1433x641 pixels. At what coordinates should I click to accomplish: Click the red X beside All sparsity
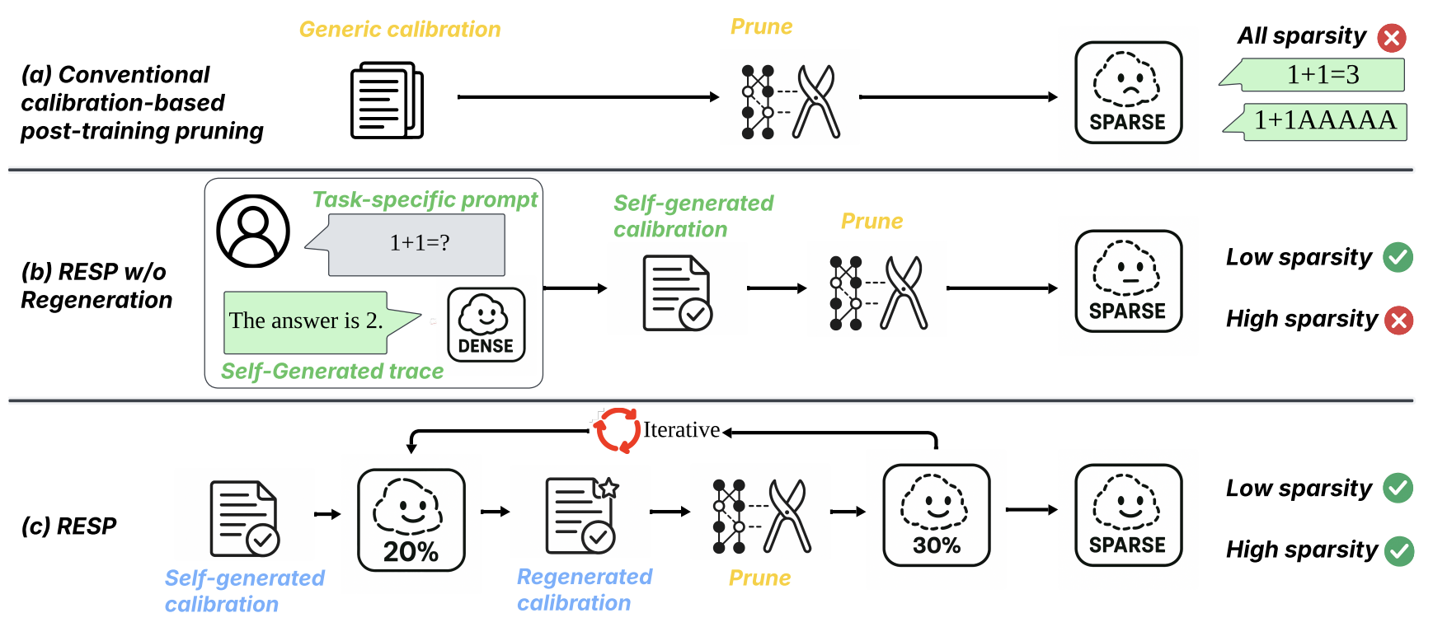click(1392, 38)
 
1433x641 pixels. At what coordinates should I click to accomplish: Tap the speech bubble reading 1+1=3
click(1321, 75)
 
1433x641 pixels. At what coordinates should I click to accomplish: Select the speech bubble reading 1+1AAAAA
click(1323, 121)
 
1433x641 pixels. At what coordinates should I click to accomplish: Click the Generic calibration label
click(400, 30)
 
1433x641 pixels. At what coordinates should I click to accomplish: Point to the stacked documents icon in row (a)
click(387, 100)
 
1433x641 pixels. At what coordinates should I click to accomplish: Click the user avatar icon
click(253, 231)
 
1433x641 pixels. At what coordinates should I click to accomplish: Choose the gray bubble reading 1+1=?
click(417, 244)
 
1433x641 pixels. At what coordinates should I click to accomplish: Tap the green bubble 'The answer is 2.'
click(307, 321)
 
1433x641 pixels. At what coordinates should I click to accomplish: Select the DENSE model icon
click(486, 325)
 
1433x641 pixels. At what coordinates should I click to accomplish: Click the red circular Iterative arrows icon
click(618, 430)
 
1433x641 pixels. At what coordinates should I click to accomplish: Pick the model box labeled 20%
click(411, 519)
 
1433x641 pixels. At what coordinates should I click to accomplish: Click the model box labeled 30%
click(936, 515)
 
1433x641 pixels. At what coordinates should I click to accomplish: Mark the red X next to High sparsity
click(1398, 320)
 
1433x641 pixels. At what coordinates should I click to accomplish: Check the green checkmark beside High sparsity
click(1399, 551)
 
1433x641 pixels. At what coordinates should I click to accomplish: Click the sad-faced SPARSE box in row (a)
click(1128, 93)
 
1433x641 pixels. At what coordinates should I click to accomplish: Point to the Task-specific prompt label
click(425, 200)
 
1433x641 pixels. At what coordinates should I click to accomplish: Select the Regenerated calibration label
click(584, 590)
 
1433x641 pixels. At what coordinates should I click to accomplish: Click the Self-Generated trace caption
click(332, 372)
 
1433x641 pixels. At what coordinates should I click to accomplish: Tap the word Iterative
click(681, 430)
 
